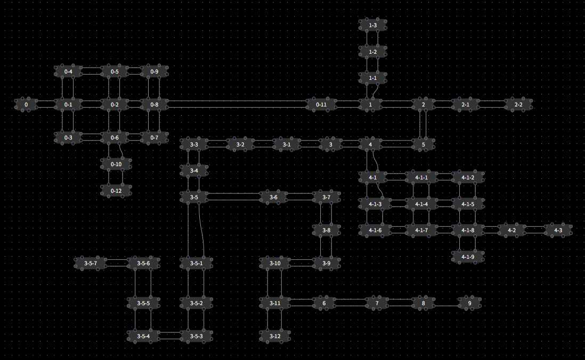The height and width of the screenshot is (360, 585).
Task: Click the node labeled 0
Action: (x=26, y=105)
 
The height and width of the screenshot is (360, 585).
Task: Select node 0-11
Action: (x=321, y=105)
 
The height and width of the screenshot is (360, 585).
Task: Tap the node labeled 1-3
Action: (x=373, y=25)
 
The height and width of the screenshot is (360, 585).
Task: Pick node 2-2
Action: (x=518, y=105)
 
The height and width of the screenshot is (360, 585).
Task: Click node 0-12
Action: (x=116, y=191)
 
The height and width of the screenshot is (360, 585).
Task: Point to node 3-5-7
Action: (x=91, y=263)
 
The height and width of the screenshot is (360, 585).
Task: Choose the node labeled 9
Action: (x=469, y=304)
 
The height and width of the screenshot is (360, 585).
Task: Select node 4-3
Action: (x=558, y=231)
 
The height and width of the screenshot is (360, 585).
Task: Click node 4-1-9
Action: (x=467, y=257)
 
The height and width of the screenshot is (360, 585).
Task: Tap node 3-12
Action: (x=275, y=336)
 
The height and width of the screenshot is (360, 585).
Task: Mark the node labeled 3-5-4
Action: (x=143, y=336)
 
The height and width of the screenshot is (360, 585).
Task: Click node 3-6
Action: (x=273, y=198)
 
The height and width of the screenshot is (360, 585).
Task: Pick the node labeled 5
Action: (x=424, y=144)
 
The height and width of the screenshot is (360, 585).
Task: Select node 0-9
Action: (x=154, y=71)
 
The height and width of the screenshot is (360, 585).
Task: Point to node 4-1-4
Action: (x=421, y=204)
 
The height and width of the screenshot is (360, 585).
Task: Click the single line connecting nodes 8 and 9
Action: (x=446, y=306)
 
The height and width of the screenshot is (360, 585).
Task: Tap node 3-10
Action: (x=275, y=263)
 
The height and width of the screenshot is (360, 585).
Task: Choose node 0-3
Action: (x=68, y=137)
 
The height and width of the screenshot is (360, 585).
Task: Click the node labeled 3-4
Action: (x=194, y=171)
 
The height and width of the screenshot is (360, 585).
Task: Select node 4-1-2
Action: (x=467, y=177)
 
